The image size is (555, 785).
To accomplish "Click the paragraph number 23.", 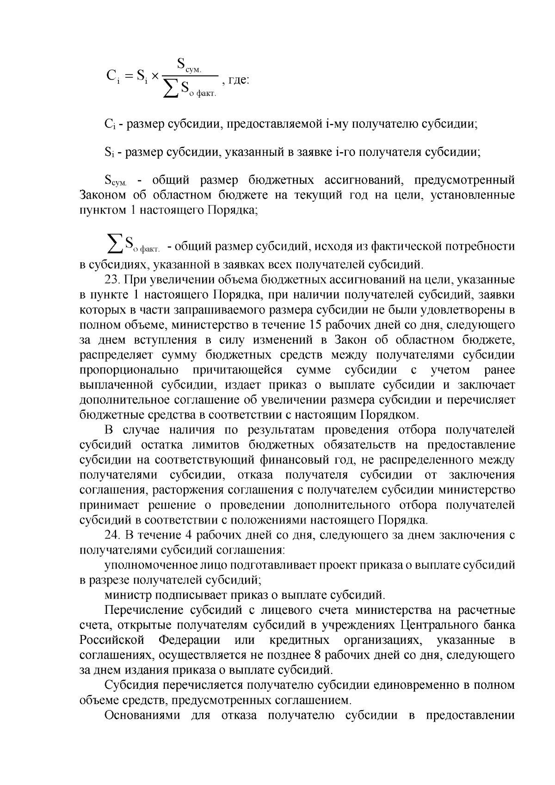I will click(x=112, y=279).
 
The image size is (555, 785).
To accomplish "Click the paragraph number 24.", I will click(x=112, y=535).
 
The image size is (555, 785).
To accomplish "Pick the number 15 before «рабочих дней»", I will click(x=316, y=325).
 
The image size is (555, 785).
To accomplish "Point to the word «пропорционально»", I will click(x=129, y=370).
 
